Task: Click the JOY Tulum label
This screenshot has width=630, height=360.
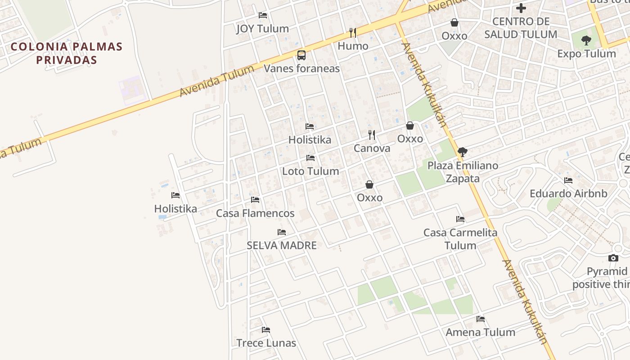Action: click(262, 29)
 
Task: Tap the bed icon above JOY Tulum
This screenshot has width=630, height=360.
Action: click(263, 15)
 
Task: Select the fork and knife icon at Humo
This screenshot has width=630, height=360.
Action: click(353, 32)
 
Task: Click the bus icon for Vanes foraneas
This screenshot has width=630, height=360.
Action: click(301, 55)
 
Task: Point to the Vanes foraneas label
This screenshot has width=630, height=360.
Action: click(301, 68)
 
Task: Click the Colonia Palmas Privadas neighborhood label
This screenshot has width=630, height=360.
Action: click(67, 53)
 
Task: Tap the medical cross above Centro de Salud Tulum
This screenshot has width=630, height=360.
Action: click(521, 8)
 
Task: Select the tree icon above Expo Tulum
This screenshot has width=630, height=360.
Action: click(586, 40)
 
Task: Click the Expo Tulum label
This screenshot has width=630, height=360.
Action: click(586, 54)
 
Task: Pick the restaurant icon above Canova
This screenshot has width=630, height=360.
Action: click(372, 135)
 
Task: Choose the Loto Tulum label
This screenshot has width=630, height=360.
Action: click(310, 171)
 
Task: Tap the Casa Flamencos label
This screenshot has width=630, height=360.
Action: click(255, 213)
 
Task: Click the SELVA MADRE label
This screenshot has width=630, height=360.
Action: click(282, 246)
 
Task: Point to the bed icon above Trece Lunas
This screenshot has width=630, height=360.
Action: click(266, 330)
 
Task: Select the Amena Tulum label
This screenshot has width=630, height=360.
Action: click(480, 333)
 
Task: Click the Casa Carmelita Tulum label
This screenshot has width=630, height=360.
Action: click(460, 239)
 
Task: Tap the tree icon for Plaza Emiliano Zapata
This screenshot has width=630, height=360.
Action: click(462, 152)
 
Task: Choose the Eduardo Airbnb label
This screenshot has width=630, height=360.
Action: click(568, 194)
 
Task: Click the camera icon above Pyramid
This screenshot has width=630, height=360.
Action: click(613, 258)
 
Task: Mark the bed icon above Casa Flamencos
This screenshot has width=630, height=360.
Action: click(255, 200)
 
